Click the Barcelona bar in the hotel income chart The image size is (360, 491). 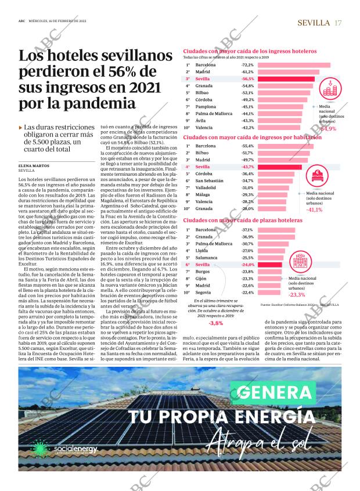click(x=293, y=66)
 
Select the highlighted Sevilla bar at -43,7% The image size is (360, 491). click(x=279, y=167)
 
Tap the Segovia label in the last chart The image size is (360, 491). click(x=204, y=293)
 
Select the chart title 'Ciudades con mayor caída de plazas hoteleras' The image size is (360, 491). click(x=243, y=221)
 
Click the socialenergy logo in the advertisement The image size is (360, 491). click(x=74, y=452)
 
